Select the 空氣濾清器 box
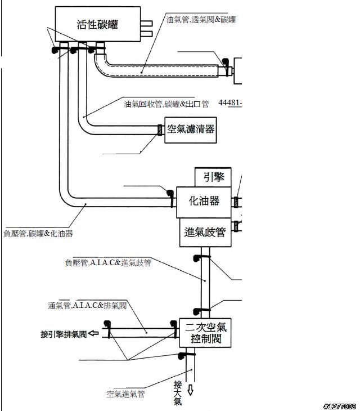point(190,129)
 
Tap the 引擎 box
point(213,177)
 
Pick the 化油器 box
point(204,202)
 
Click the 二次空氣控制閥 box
point(206,333)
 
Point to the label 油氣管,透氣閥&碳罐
point(201,20)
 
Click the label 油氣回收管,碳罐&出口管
point(166,104)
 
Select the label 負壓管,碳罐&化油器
point(38,233)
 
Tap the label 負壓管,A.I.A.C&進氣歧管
point(108,262)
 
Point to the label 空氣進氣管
point(125,394)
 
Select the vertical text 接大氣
point(178,393)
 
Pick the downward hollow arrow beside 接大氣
point(190,389)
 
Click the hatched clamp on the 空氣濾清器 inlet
point(160,129)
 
